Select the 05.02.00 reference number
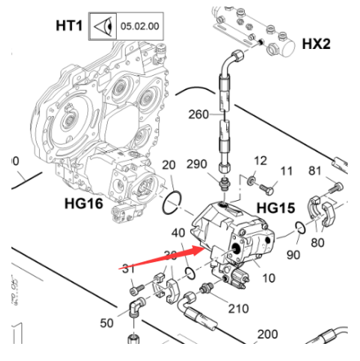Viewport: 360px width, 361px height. coord(140,25)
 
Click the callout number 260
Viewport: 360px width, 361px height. coord(198,114)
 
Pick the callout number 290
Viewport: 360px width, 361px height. coord(195,165)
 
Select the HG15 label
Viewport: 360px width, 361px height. coord(275,207)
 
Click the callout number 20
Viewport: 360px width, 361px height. coord(168,166)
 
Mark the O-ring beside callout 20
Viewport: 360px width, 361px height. coord(172,199)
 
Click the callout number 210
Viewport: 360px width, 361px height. coord(238,309)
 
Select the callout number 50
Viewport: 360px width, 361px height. coord(107,323)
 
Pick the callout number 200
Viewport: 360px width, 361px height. coord(267,335)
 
